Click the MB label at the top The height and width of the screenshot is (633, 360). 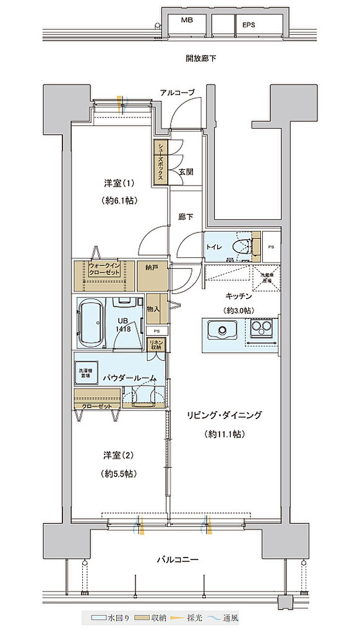(x=186, y=20)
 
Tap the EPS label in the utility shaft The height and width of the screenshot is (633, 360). (x=249, y=25)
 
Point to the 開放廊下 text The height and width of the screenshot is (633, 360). (x=200, y=59)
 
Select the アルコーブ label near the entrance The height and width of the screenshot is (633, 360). (x=177, y=92)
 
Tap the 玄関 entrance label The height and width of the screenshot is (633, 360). (x=186, y=172)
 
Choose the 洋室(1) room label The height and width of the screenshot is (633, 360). (x=119, y=183)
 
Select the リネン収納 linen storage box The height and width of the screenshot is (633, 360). (x=156, y=344)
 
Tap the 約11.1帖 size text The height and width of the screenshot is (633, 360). (x=225, y=434)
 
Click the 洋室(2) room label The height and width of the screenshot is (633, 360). (x=119, y=455)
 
